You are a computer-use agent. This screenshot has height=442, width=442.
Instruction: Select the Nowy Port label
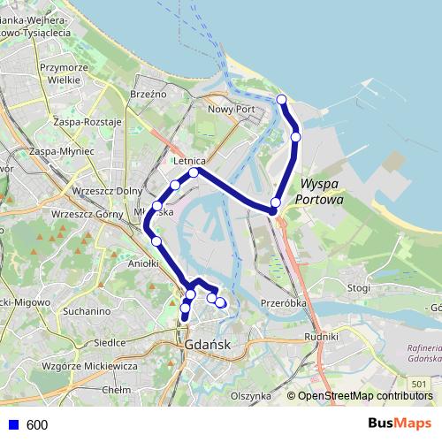[231, 110]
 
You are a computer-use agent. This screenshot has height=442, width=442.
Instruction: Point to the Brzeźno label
[148, 94]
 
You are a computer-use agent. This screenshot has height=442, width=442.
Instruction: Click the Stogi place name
[358, 287]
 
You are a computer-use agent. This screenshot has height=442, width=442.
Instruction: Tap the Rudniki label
[321, 337]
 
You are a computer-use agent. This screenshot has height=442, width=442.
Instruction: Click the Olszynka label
[250, 396]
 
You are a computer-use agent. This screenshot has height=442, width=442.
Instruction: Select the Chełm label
[117, 389]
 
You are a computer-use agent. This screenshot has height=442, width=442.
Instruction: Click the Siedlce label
[110, 342]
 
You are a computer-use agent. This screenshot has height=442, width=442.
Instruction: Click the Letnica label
[190, 162]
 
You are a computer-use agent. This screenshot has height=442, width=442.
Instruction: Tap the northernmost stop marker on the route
[282, 99]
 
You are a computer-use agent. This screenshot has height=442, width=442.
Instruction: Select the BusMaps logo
[400, 424]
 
